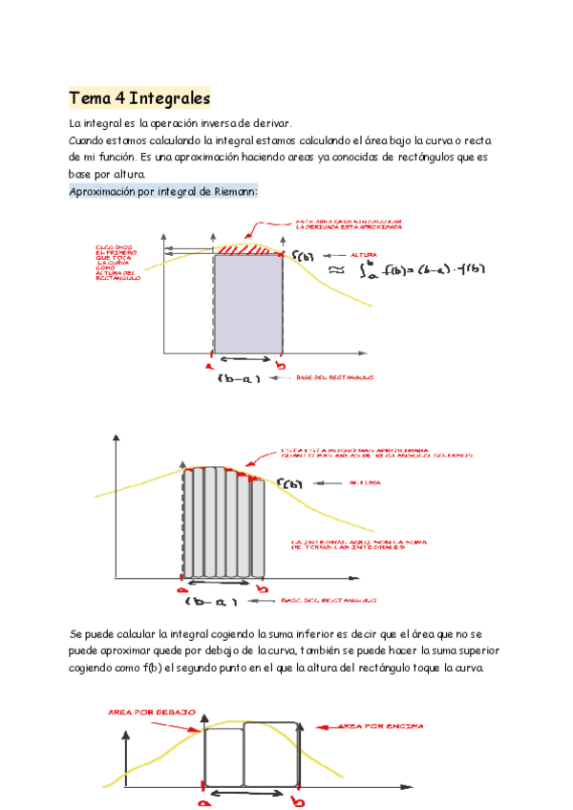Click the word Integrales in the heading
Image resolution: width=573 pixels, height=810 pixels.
click(x=169, y=98)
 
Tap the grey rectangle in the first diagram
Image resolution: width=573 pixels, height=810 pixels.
click(x=248, y=304)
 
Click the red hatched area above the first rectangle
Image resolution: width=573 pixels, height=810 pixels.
click(x=246, y=248)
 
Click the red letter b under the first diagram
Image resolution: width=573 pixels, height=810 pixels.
click(x=280, y=365)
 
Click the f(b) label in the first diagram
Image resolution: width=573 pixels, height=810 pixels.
click(x=303, y=257)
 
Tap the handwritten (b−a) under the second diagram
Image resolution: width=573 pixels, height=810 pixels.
click(x=212, y=602)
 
